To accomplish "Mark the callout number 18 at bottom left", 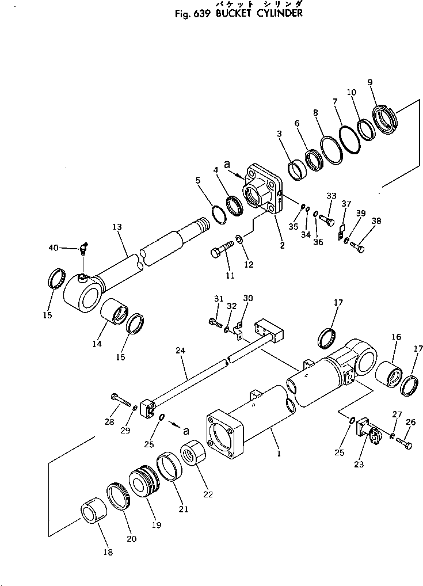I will (108, 552).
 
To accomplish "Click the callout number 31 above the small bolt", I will (218, 298).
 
